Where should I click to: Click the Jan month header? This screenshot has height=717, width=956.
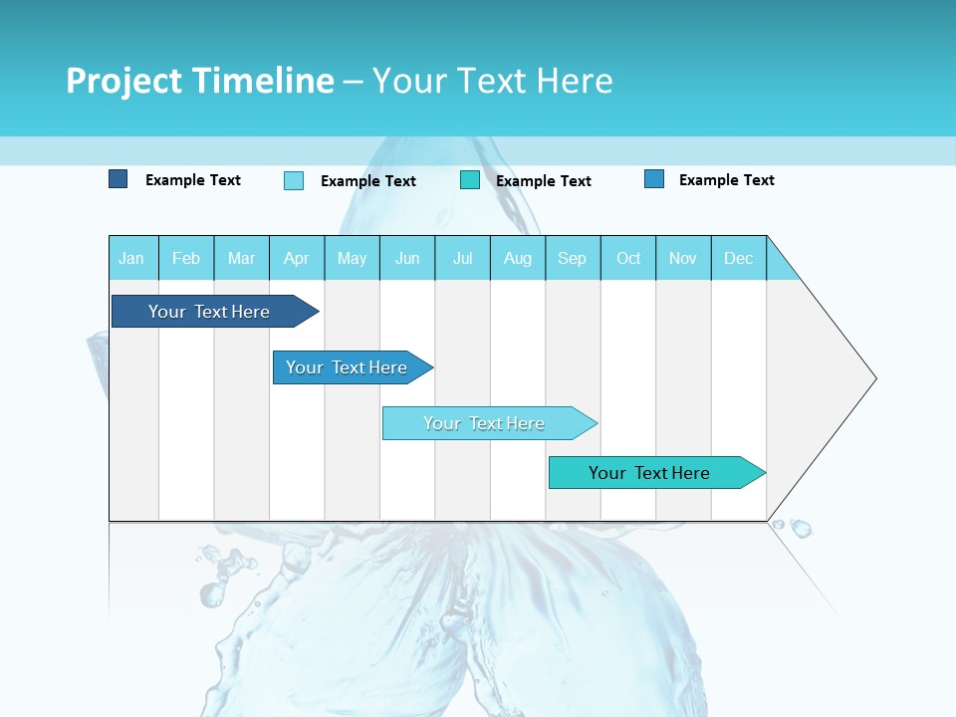coord(131,258)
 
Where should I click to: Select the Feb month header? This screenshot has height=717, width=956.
coord(186,258)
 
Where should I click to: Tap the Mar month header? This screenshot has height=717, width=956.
coord(241,258)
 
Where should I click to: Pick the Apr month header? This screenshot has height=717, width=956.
coord(297,258)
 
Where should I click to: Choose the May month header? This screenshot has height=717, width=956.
coord(352,258)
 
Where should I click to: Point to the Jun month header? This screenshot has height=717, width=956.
coord(407,258)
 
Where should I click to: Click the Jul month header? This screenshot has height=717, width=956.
coord(462,258)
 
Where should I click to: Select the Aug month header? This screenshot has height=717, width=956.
coord(518,258)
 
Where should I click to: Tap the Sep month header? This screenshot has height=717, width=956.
coord(573,258)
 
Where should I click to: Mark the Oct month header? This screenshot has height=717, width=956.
coord(628,258)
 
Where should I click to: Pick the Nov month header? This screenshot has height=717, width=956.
coord(683,258)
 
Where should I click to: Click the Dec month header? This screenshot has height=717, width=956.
coord(739,258)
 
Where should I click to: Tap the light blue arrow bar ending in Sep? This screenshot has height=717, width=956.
coord(486,423)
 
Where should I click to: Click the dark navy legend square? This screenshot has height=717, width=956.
coord(119,179)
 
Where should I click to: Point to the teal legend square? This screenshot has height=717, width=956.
coord(470,180)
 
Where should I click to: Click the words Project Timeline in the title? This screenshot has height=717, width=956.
coord(200,81)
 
